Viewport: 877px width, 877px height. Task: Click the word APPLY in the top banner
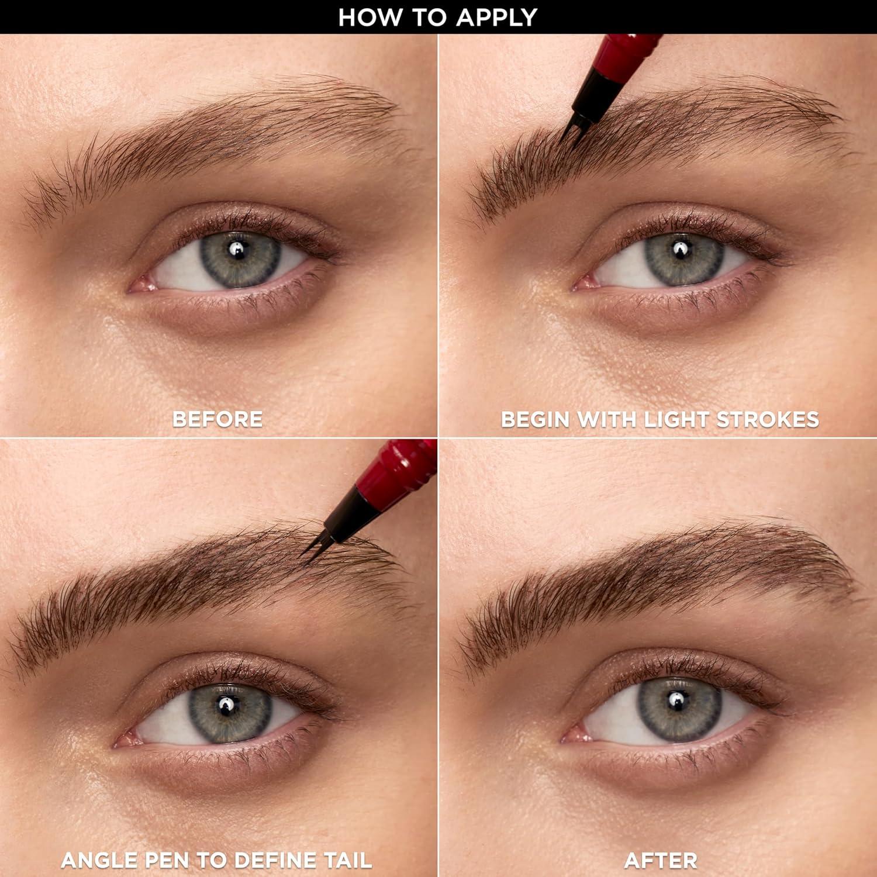click(496, 17)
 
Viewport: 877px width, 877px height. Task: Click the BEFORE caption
click(217, 419)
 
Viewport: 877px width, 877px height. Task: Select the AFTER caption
click(661, 860)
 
